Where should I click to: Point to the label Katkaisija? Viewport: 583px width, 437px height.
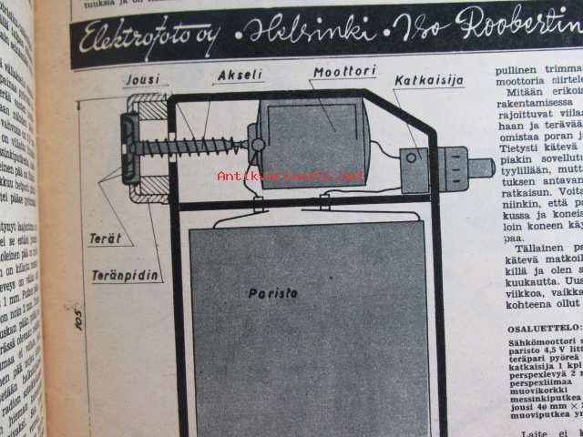428,81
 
